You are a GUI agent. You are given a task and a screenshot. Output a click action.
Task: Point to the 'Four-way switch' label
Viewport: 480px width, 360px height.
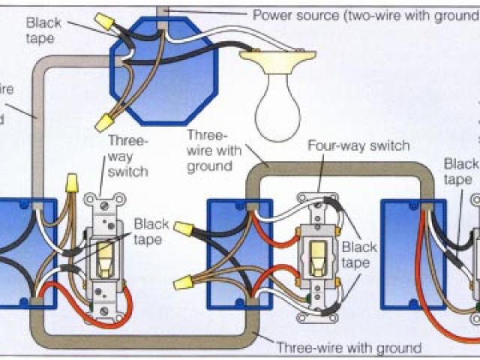358,145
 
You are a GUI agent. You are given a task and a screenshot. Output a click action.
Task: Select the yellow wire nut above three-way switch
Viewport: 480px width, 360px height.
72,183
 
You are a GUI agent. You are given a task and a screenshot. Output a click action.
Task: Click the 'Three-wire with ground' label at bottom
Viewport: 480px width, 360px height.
349,347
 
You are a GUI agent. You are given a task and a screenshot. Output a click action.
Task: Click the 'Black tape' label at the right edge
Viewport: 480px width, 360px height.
460,171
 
